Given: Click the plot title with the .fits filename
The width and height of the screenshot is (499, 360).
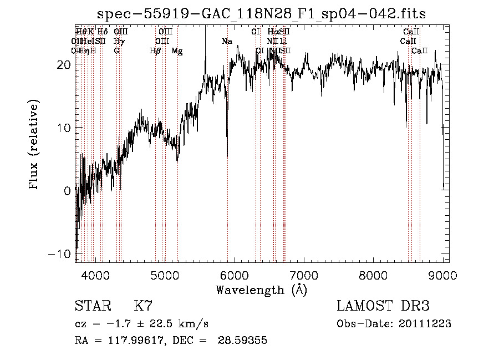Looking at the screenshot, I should click(x=261, y=14).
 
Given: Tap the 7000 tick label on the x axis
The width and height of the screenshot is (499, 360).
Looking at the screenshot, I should click(x=304, y=275).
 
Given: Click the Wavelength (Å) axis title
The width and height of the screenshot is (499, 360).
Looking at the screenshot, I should click(x=261, y=290).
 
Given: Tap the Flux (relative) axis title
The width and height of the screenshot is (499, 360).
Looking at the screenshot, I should click(x=34, y=145).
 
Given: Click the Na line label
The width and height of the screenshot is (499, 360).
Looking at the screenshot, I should click(x=227, y=42).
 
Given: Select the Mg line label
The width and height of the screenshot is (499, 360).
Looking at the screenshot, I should click(x=177, y=51).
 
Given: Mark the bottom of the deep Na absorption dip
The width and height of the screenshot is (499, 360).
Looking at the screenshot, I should click(x=227, y=157).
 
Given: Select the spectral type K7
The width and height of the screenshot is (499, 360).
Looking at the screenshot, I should click(x=143, y=306).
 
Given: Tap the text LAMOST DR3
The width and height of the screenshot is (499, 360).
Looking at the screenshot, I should click(x=383, y=306).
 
